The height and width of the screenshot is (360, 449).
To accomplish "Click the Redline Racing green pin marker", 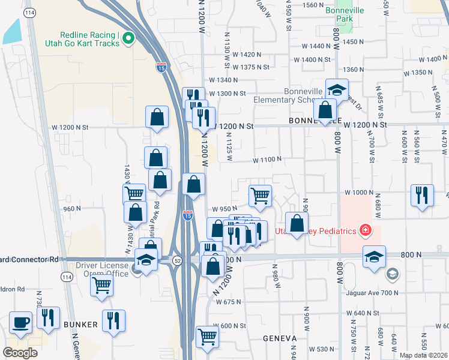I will coord(128,39).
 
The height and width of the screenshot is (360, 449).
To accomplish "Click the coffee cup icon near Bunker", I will coord(22,322).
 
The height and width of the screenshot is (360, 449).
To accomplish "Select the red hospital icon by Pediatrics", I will coord(364,230).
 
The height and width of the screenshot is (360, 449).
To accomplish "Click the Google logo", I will coord(20,353).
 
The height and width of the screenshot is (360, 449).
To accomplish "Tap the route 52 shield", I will coord(178,260).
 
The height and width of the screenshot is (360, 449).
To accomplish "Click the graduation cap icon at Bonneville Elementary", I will coord(337,90).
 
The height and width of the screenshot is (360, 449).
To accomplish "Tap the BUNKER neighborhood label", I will coord(80,325).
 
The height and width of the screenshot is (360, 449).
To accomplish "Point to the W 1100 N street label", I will coord(267,160).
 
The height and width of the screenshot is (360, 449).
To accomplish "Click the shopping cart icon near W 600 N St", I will coord(207,336).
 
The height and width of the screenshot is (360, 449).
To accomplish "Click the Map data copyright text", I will coord(423,355).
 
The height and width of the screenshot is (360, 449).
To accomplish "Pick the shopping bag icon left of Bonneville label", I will coord(325,110).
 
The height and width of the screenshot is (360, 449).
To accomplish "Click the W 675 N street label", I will coord(228,302).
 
